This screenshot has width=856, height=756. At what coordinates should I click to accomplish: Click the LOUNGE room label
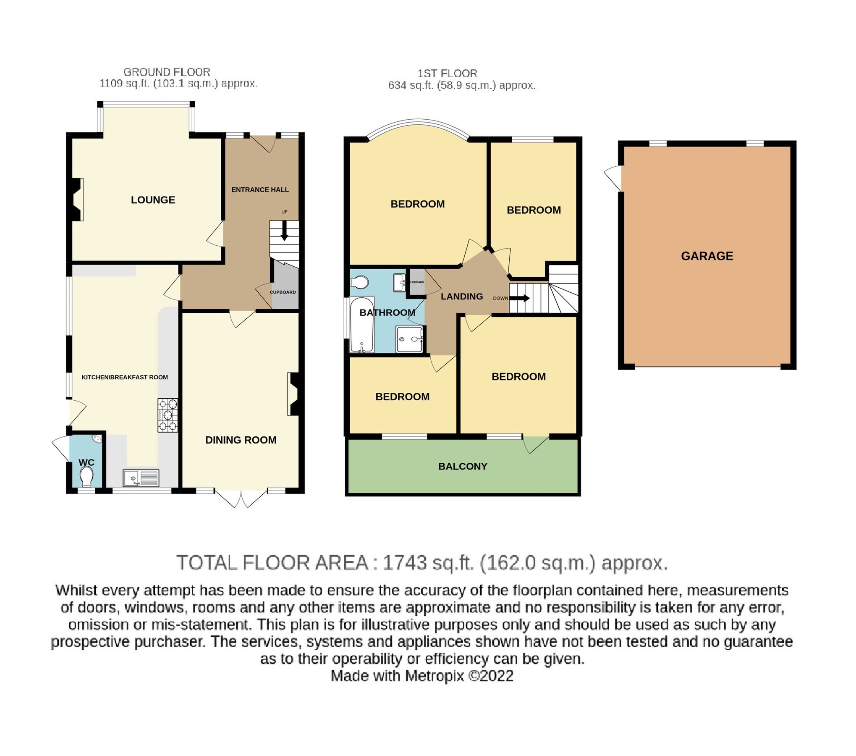[x=153, y=200]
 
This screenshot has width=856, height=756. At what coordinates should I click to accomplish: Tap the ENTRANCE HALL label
[x=260, y=190]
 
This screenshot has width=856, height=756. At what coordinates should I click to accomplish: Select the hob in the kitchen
[x=168, y=415]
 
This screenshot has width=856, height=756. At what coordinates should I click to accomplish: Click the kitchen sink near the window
[x=141, y=478]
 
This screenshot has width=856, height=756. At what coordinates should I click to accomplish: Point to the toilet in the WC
[x=86, y=478]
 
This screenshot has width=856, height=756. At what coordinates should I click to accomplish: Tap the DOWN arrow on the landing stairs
[x=520, y=298]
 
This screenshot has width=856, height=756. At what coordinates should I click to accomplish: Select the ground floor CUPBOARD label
[x=283, y=292]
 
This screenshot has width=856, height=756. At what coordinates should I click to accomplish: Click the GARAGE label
[x=707, y=256]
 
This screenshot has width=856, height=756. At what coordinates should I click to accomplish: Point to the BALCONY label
[x=463, y=466]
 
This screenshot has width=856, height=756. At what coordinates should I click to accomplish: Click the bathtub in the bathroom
[x=362, y=326]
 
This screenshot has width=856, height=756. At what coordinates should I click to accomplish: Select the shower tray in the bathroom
[x=409, y=339]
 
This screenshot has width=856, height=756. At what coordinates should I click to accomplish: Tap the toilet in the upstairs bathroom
[x=359, y=283]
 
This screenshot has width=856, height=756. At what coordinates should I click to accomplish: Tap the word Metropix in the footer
[x=435, y=676]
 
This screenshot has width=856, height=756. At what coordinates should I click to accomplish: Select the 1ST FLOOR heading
[x=447, y=73]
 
